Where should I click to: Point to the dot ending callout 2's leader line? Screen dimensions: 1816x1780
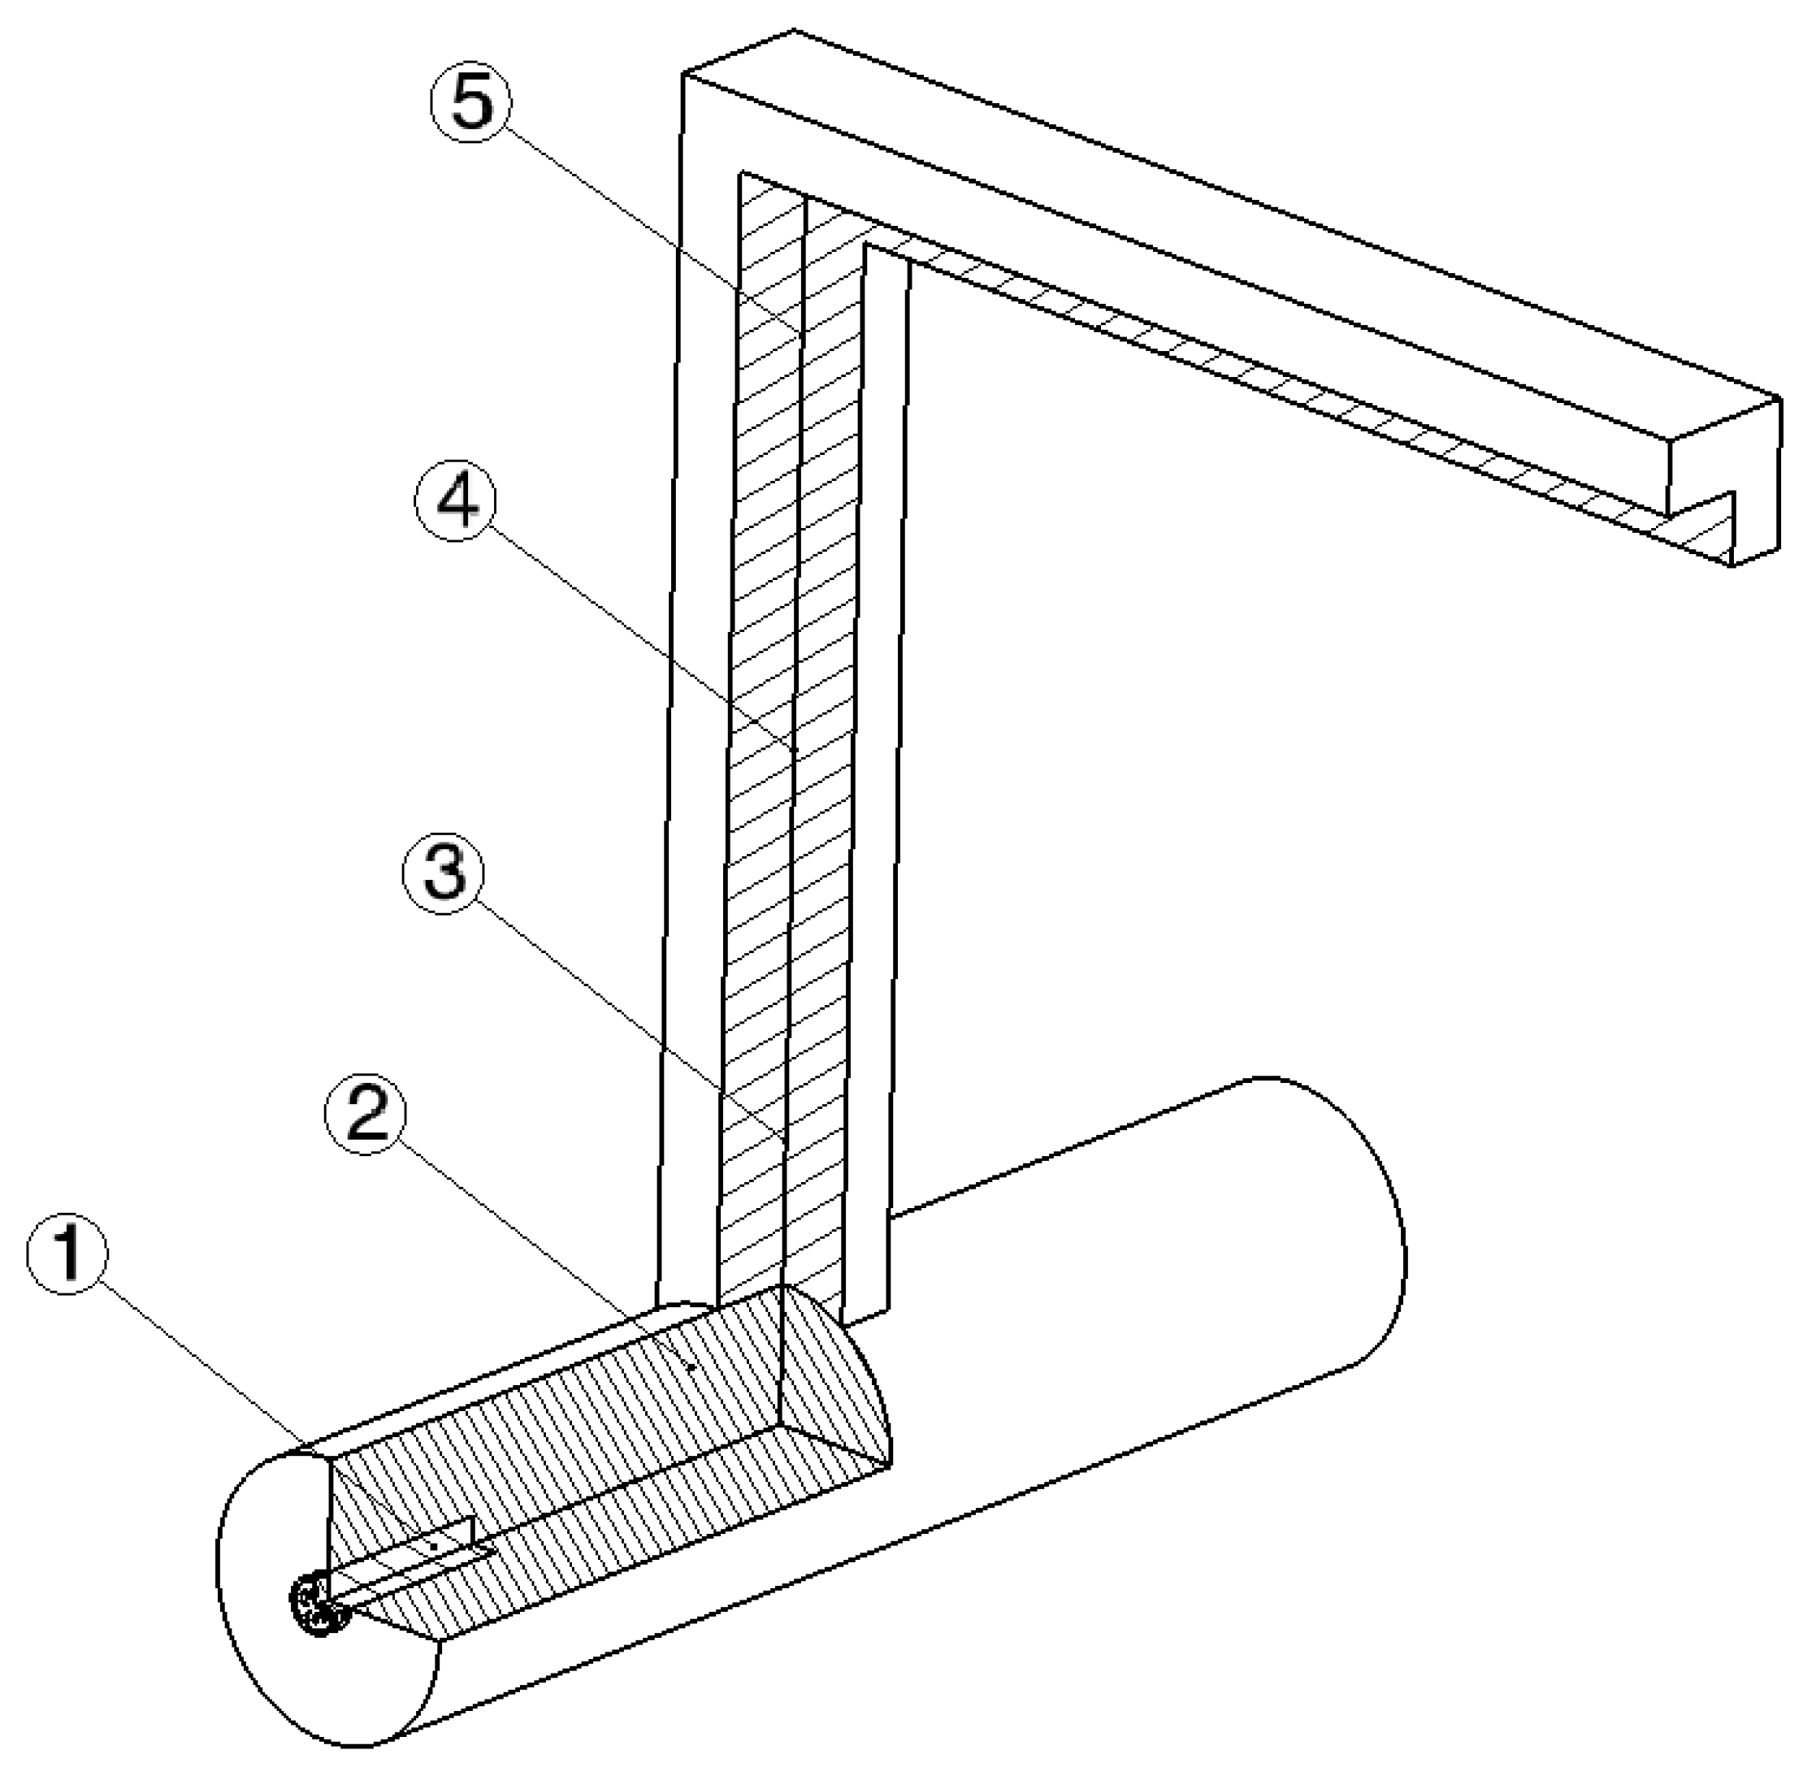point(691,1366)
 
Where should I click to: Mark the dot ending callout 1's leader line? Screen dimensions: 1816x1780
point(434,1547)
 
